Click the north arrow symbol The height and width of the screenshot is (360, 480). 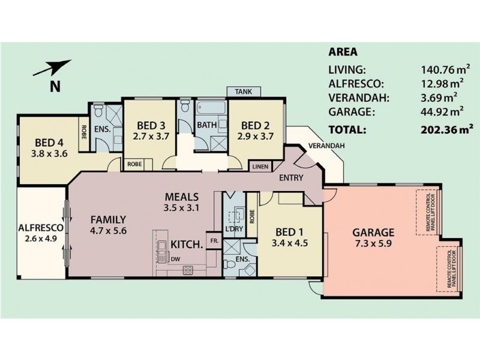pos(52,68)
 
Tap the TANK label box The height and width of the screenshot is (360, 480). pos(244,92)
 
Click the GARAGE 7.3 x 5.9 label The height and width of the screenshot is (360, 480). pos(373,238)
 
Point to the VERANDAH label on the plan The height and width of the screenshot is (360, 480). pos(326,146)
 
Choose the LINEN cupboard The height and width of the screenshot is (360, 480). pos(260,167)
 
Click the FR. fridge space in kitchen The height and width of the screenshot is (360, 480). pos(214,241)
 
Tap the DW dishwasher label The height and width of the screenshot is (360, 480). pos(175,259)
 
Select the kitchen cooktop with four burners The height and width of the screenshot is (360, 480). pos(188,270)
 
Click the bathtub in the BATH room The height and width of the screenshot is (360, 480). pos(212,108)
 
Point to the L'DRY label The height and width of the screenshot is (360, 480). pos(234,229)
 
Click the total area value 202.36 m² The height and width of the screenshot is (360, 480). pos(447,129)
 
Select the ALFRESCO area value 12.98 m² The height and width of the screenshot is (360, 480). pos(442,83)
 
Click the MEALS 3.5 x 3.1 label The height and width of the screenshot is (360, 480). pos(182,202)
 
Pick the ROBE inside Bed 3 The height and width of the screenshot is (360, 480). pos(134,164)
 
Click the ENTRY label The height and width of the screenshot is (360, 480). pos(291,178)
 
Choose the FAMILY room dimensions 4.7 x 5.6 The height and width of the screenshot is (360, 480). pos(109,230)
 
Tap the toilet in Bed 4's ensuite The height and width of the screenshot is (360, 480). pos(98,110)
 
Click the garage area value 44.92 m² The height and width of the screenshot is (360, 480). pos(442,112)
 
